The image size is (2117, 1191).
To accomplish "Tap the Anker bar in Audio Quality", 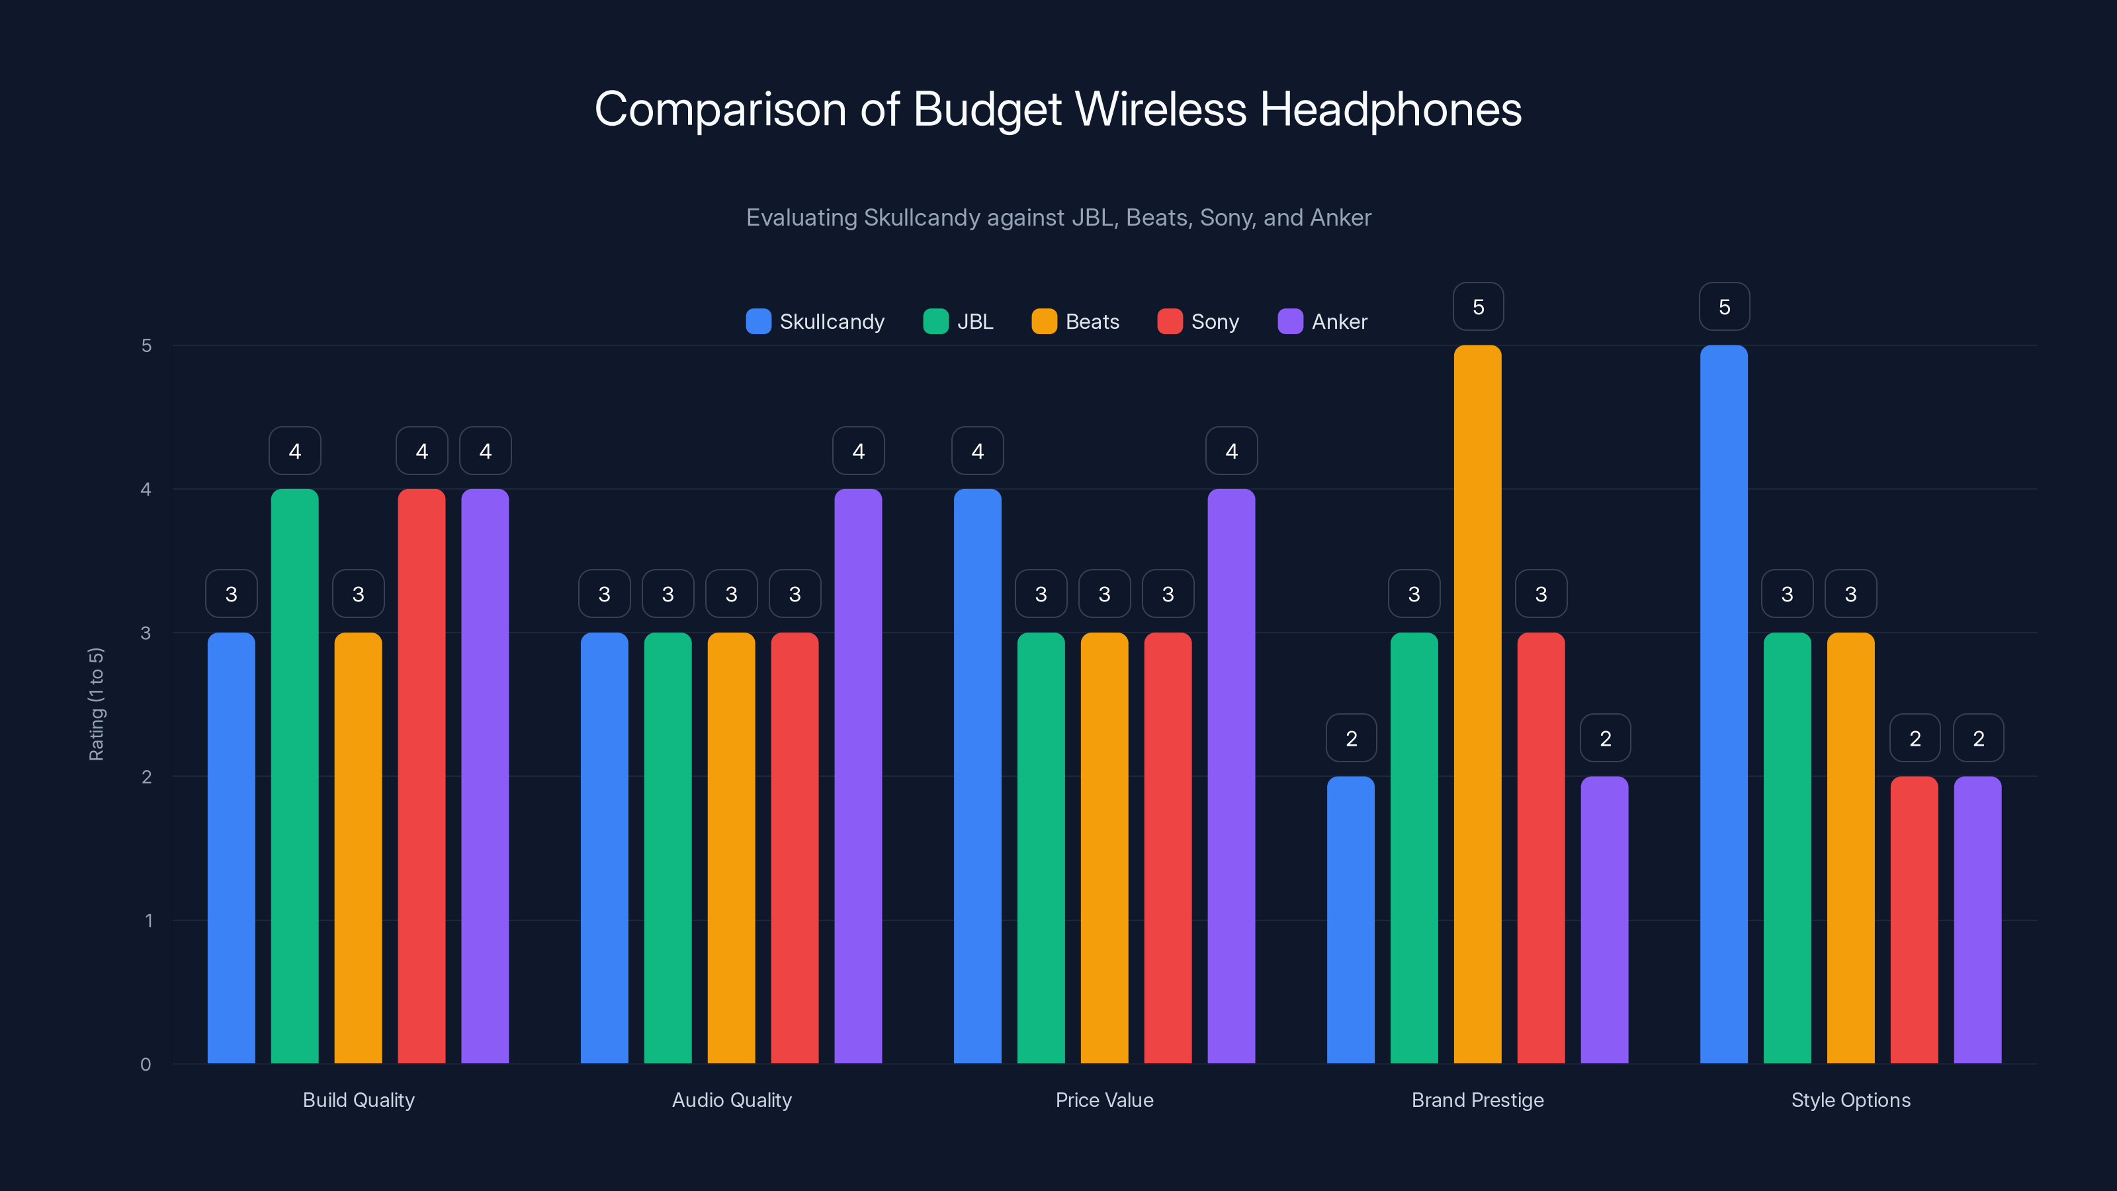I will (x=858, y=776).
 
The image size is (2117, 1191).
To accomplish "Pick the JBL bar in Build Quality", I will (x=294, y=776).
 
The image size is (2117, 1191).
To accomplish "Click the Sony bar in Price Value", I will (x=1167, y=848).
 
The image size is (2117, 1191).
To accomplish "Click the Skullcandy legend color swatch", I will (x=757, y=322).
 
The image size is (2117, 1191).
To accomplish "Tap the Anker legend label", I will (x=1339, y=322).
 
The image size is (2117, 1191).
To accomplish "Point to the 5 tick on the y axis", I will (x=146, y=345).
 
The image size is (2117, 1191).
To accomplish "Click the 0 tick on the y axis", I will (x=146, y=1065).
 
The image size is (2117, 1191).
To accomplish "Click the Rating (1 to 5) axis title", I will (x=96, y=705).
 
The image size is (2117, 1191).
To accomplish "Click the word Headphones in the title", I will (x=1391, y=109).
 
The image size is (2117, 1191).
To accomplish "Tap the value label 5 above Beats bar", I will (x=1478, y=306).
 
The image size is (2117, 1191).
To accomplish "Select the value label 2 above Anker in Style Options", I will (x=1978, y=738).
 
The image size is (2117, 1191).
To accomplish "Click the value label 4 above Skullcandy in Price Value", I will (x=977, y=451).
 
